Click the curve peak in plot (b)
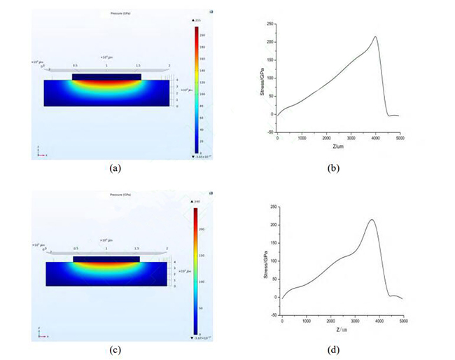376,37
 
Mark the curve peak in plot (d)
372,220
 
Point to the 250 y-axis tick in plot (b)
268,24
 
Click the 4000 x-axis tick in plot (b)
376,138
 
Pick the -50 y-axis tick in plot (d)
272,316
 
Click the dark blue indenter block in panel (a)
106,76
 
